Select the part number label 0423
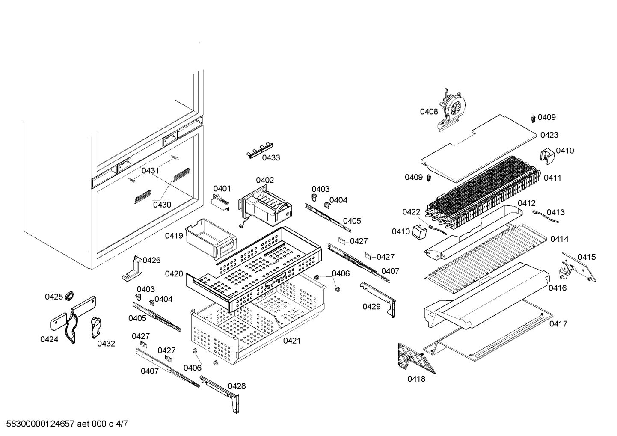(549, 135)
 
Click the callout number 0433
(271, 158)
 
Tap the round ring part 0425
(69, 296)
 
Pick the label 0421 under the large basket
(291, 341)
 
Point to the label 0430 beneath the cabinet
(162, 205)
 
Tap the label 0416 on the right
(558, 288)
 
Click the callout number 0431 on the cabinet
(150, 171)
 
